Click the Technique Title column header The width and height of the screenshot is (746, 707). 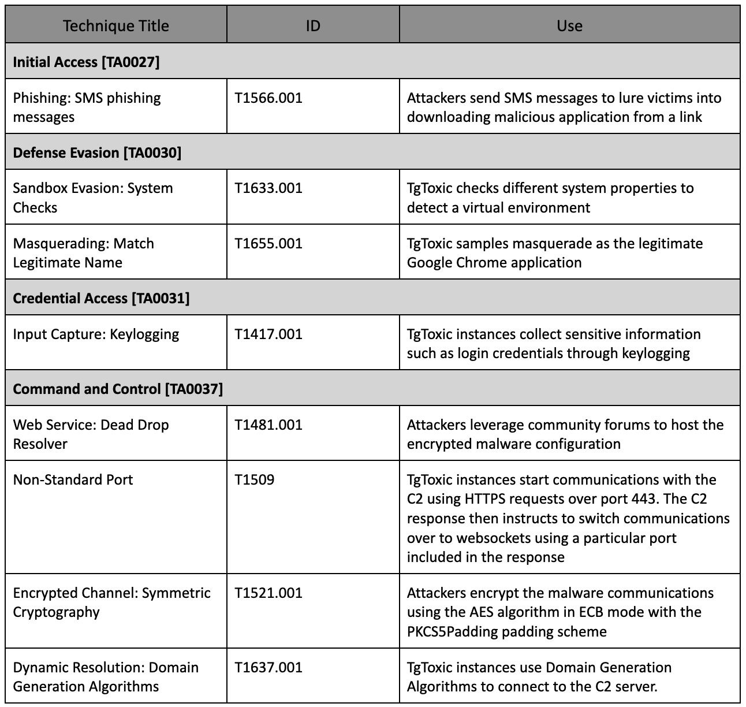(115, 26)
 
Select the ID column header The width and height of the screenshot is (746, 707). (312, 26)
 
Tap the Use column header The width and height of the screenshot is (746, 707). (569, 26)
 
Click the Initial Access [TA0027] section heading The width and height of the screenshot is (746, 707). (86, 62)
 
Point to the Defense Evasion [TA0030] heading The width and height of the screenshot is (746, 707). (97, 152)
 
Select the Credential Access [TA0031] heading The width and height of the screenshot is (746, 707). (101, 298)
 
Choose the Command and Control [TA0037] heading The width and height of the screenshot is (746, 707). (118, 389)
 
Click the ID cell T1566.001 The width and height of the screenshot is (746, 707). (268, 98)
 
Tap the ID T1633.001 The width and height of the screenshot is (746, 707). (268, 188)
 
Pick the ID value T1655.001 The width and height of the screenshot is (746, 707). (268, 243)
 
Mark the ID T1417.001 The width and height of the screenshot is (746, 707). (268, 334)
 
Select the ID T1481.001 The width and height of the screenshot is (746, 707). (268, 425)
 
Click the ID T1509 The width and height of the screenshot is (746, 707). (255, 479)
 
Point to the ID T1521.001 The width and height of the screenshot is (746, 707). (268, 593)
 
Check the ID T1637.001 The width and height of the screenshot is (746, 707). (268, 667)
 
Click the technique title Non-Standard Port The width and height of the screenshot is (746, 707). (73, 479)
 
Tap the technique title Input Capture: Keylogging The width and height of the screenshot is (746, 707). (96, 334)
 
